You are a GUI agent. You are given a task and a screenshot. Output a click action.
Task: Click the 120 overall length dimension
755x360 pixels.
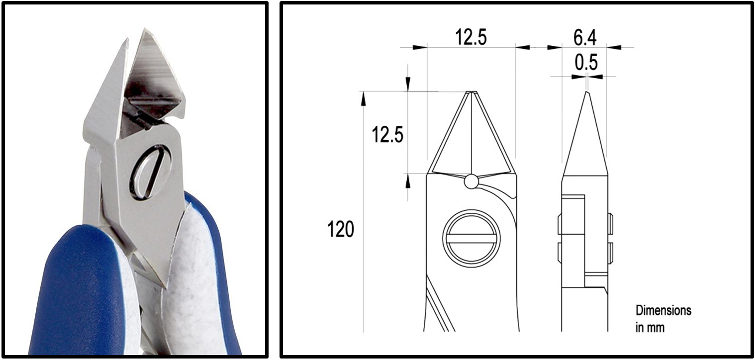click(341, 229)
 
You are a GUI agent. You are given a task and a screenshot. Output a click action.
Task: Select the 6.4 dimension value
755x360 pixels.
click(585, 37)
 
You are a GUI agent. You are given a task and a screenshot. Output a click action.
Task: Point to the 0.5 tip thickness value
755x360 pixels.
click(586, 62)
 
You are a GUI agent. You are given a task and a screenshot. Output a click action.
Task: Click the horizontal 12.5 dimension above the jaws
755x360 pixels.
click(471, 37)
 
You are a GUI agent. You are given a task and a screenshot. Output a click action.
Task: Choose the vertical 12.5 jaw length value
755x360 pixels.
click(387, 134)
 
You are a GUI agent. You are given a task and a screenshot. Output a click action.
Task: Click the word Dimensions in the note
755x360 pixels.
click(663, 310)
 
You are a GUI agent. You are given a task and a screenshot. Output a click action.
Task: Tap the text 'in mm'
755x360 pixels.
click(650, 328)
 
